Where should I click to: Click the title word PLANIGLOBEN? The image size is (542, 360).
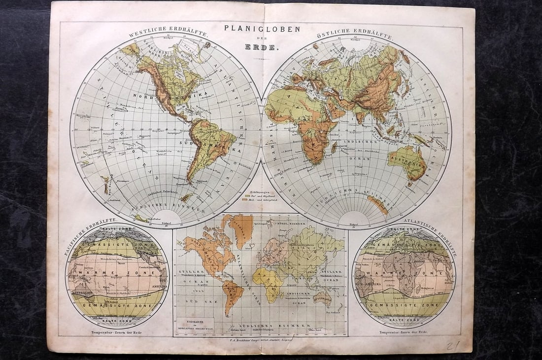pos(262,29)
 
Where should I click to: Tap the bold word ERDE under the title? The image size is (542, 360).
pos(262,48)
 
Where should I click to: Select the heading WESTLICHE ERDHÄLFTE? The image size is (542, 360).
pos(168,34)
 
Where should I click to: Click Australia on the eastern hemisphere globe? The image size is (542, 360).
pos(406,162)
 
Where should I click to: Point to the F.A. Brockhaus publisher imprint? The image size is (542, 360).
pos(261,339)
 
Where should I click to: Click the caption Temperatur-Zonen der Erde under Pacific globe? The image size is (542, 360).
pos(117,332)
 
